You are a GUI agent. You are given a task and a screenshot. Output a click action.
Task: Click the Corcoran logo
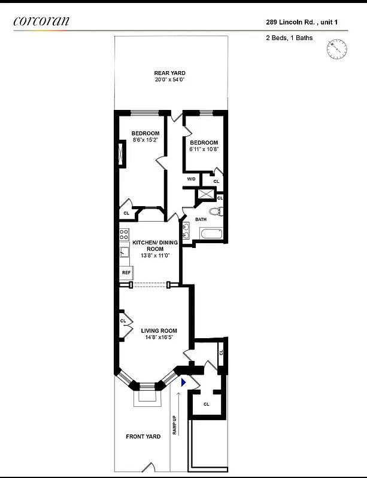coord(41,21)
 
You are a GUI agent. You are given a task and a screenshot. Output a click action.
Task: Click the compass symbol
coord(336,48)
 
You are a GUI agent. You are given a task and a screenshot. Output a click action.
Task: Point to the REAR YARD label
coord(169,73)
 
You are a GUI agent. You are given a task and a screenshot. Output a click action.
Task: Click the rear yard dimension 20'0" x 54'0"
coord(169,79)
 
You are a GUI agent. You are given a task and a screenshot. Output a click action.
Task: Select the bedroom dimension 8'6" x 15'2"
coord(145,140)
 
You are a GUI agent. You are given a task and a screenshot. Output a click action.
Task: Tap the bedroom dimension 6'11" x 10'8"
coord(204,150)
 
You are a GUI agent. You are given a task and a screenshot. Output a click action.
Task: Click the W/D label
coord(191,179)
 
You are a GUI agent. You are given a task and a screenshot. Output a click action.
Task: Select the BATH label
coord(201,219)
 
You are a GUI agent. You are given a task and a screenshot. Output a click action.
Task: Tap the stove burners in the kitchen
coord(124,234)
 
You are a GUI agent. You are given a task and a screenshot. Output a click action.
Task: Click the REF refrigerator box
coord(126,272)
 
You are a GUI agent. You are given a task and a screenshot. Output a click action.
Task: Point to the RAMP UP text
coord(175,424)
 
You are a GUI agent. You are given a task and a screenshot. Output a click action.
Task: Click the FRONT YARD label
coord(142,437)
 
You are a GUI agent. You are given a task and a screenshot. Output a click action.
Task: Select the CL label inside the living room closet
coord(123,321)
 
